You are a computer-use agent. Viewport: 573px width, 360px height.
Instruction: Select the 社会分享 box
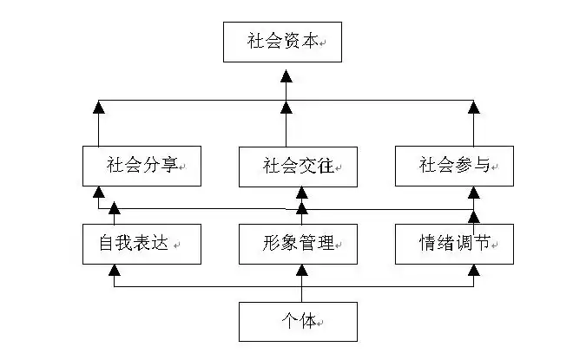[142, 166]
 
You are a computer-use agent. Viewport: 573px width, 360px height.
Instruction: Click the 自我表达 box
[142, 244]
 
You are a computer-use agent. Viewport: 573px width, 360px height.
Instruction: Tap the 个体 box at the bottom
[298, 321]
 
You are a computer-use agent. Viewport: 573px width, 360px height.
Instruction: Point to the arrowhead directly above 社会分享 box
[99, 108]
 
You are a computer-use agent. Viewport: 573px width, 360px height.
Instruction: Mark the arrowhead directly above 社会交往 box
[285, 108]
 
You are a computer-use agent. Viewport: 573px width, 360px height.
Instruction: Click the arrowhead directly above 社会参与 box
[474, 108]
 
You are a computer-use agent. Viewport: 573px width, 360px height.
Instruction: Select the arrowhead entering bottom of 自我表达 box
[113, 271]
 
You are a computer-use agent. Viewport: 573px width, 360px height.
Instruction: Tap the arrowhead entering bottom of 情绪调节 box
[474, 271]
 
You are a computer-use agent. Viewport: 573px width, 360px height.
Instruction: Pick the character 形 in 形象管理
[271, 244]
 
